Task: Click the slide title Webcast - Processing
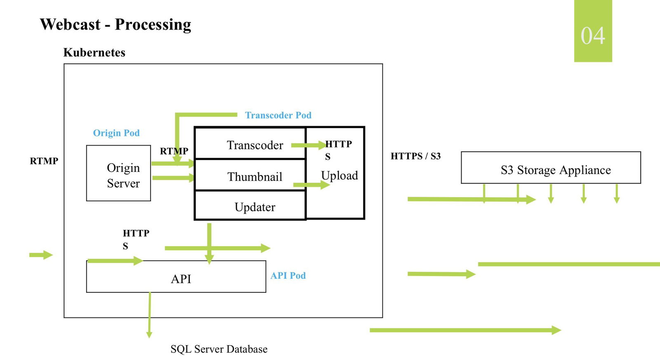115,24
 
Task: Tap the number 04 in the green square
593,35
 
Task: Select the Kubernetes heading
94,52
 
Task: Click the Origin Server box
119,174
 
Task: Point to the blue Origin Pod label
116,133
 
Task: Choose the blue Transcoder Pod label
278,115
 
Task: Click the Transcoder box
250,144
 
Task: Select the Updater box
250,206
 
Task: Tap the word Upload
339,176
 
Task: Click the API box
176,278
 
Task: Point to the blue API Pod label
288,275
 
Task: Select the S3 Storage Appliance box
551,168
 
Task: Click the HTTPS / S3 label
415,156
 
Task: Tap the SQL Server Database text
219,349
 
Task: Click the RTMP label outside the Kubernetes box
44,161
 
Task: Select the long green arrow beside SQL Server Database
465,330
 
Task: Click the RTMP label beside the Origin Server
174,151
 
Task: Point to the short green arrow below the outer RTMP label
41,255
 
